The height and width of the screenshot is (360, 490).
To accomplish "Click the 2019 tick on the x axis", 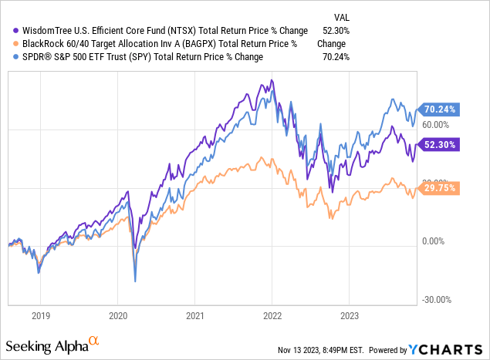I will pyautogui.click(x=41, y=315).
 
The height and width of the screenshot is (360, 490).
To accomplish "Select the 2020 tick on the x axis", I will pyautogui.click(x=117, y=315).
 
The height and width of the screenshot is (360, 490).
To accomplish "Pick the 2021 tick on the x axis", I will pyautogui.click(x=194, y=315).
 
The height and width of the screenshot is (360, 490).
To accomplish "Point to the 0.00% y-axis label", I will pyautogui.click(x=434, y=241).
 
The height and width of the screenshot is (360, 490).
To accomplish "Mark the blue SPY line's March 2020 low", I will pyautogui.click(x=135, y=281).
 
